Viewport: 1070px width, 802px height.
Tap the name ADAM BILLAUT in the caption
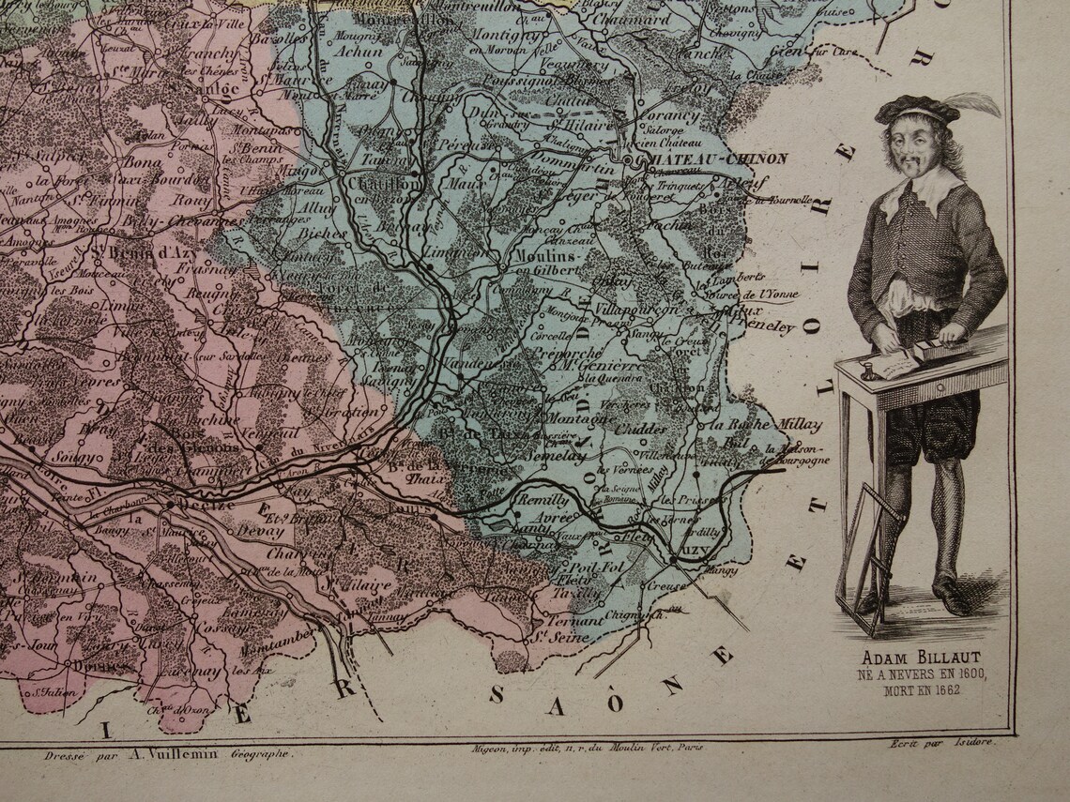click(919, 657)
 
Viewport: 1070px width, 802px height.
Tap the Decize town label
click(189, 504)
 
